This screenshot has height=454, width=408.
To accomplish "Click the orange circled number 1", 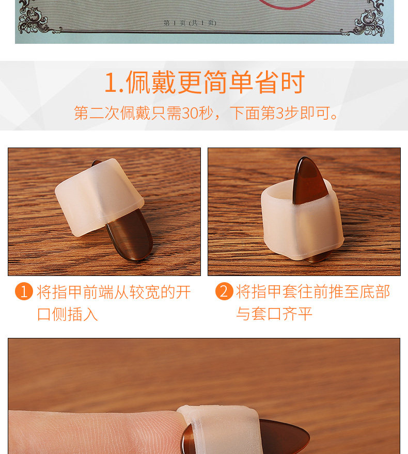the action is (x=24, y=291).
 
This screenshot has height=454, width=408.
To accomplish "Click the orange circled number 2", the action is (x=224, y=291).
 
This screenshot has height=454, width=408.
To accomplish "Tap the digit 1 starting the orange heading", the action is (x=111, y=83).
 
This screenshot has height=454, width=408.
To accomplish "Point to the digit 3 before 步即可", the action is (x=279, y=113).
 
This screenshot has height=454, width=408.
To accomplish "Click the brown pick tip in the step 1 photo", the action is (x=130, y=235).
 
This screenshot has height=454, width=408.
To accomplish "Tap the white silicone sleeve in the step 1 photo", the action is (x=99, y=198).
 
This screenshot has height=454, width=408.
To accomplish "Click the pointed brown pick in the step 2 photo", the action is (x=309, y=181).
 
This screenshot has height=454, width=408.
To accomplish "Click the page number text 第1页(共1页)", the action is (x=190, y=23).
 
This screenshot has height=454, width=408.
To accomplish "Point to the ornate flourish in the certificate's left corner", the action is (x=37, y=18).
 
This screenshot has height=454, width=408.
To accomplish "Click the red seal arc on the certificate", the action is (x=287, y=6).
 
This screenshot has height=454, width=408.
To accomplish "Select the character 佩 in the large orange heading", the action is (x=138, y=83).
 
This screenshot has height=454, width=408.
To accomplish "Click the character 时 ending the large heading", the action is (x=293, y=83).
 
